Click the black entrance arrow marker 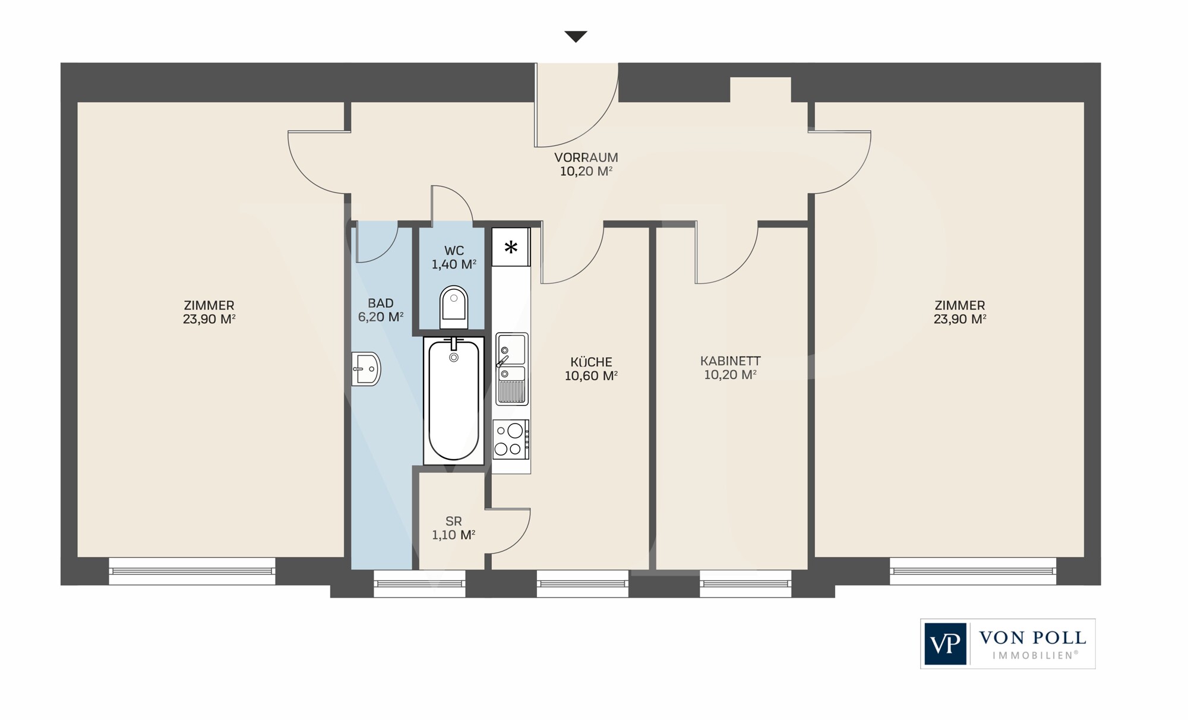click(576, 36)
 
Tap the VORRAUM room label click(586, 157)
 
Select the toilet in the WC click(454, 307)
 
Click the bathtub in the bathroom click(454, 400)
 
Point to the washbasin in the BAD click(366, 369)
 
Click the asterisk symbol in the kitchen click(511, 247)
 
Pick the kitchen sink click(511, 368)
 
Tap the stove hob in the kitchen click(511, 440)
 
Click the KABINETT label click(730, 361)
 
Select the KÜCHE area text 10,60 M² click(591, 375)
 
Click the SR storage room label click(453, 521)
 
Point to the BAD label click(381, 303)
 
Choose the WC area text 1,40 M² click(454, 264)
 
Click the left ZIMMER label click(209, 305)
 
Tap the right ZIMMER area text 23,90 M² click(960, 319)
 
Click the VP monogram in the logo click(945, 644)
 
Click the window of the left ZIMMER click(192, 571)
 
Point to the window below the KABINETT click(745, 583)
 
